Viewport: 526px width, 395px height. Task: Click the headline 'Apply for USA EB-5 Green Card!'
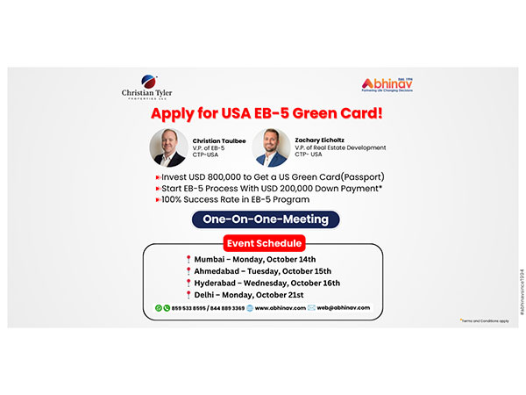[262, 114]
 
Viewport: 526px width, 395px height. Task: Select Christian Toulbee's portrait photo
[167, 147]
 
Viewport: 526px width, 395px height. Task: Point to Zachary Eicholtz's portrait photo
[272, 147]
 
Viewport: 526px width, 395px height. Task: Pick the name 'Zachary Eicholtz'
[320, 139]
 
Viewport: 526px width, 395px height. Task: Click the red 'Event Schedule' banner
[264, 243]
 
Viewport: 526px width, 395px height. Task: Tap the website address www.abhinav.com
[280, 309]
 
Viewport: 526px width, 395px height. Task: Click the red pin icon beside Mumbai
[188, 259]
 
